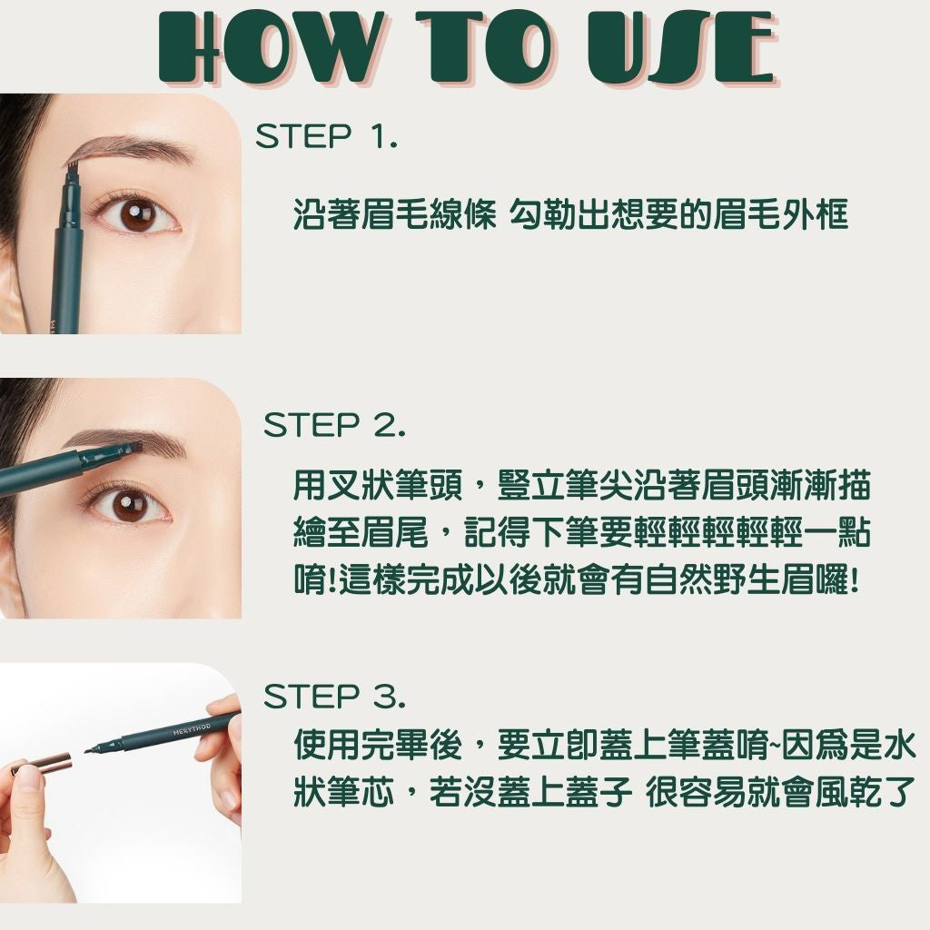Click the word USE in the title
coord(682,47)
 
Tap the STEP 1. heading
coord(326,136)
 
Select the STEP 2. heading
coord(334,425)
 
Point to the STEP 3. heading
coord(334,697)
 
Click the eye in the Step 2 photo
coord(127,506)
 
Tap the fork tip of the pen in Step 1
coord(72,170)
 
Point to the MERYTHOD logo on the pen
coord(192,729)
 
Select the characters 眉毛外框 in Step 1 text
coord(780,214)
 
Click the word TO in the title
coord(482,47)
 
